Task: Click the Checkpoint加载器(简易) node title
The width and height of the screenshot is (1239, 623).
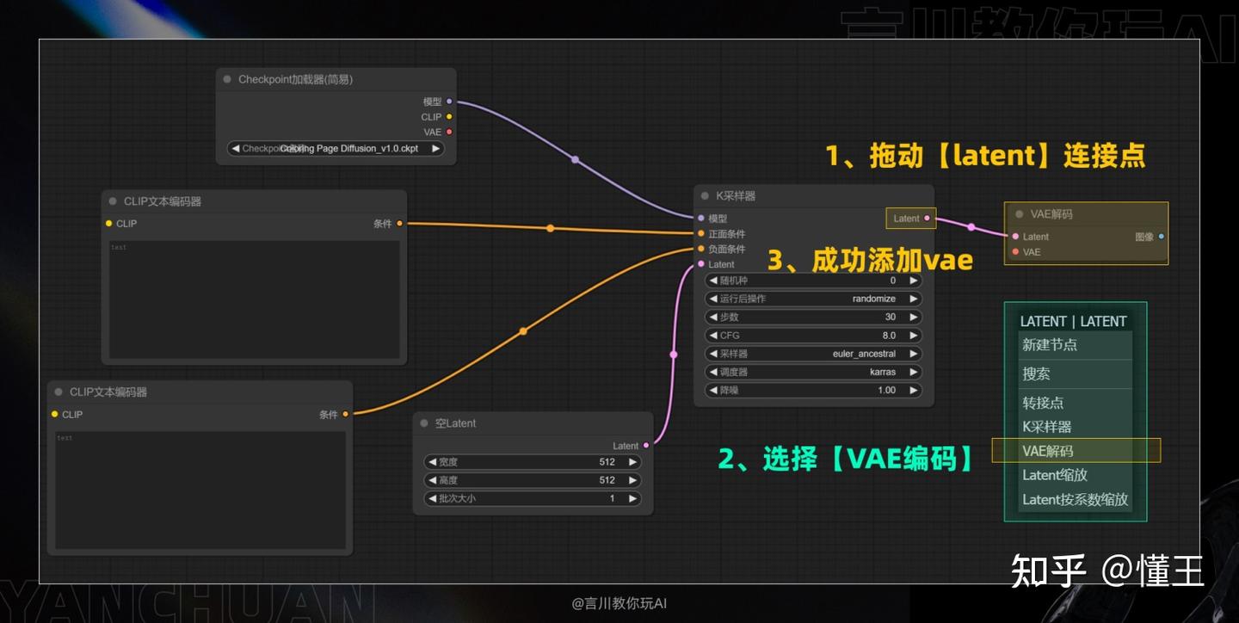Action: (295, 79)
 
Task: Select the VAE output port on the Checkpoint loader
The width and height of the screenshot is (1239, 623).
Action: (449, 132)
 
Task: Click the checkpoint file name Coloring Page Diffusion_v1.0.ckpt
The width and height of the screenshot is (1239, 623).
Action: (348, 148)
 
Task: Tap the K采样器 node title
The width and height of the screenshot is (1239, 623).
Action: (736, 196)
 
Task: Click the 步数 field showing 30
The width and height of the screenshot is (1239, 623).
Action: (813, 317)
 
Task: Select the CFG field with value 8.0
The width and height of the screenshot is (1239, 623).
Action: (813, 336)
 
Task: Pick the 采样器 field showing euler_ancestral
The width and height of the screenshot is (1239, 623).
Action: (813, 354)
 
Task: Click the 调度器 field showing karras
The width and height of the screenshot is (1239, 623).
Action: (813, 373)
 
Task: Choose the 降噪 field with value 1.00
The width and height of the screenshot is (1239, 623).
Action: (813, 391)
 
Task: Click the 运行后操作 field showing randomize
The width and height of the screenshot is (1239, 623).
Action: (813, 299)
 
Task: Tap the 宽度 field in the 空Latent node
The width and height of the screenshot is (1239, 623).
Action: (533, 462)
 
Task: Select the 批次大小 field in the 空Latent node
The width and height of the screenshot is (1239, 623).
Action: (533, 498)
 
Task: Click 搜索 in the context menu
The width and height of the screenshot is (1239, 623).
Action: (1036, 373)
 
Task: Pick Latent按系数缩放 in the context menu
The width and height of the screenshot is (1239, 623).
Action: (1075, 499)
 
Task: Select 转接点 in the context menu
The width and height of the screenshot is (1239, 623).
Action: (1043, 402)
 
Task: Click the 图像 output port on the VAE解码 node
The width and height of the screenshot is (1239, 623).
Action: (1161, 237)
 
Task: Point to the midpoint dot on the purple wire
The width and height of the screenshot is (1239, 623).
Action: (575, 159)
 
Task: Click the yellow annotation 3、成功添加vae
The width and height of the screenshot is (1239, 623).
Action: (870, 259)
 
